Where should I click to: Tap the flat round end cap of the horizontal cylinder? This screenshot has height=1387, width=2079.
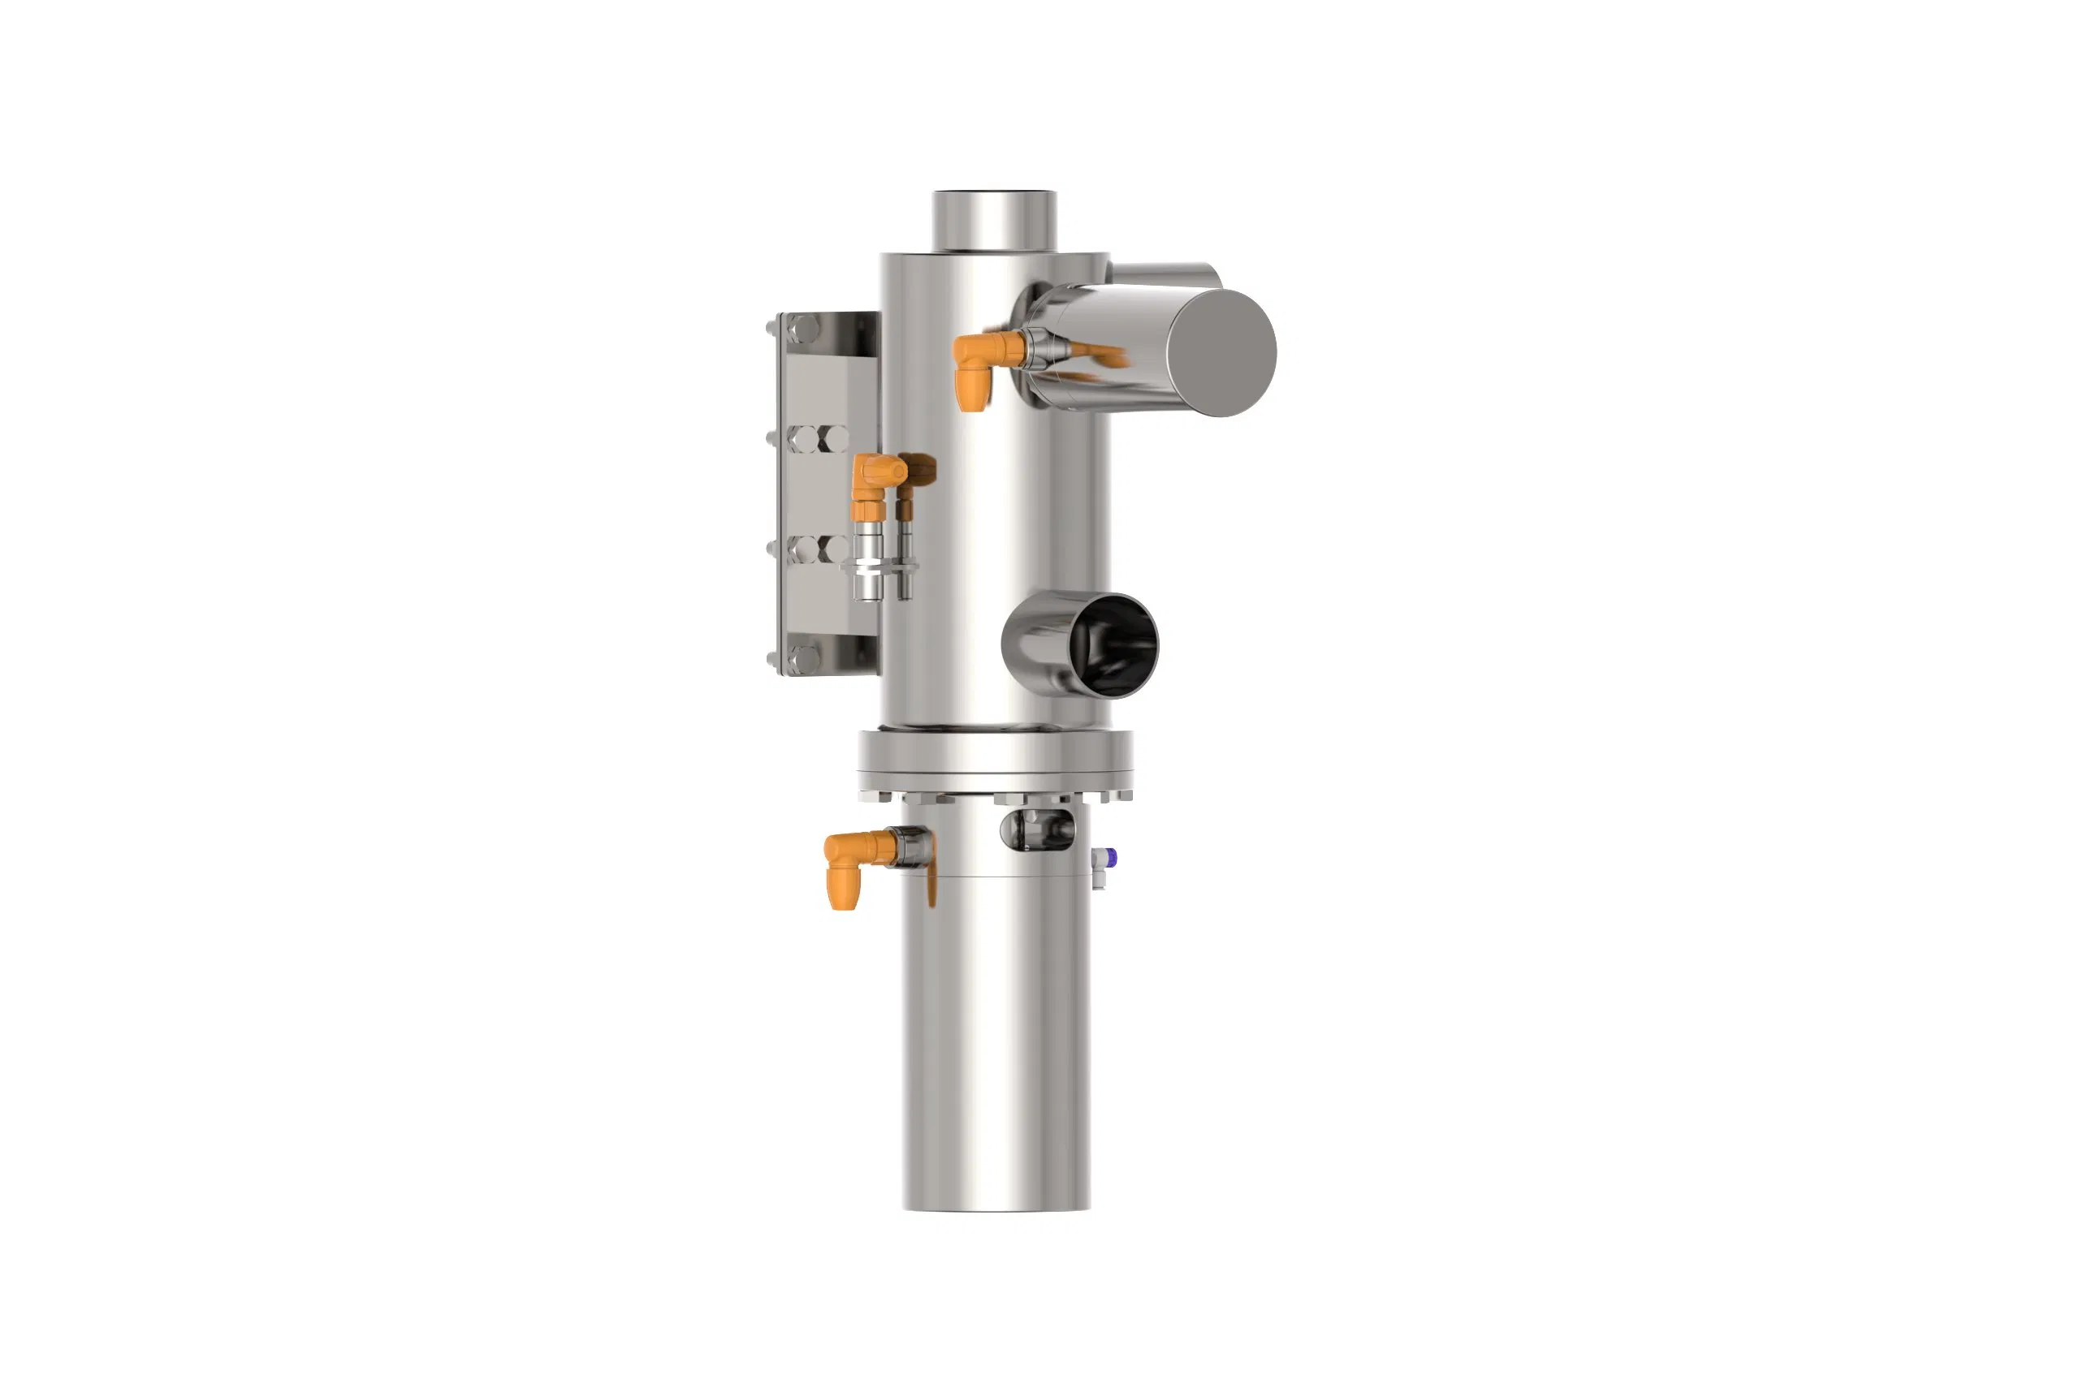[1221, 352]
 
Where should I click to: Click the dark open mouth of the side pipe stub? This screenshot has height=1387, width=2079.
[1117, 644]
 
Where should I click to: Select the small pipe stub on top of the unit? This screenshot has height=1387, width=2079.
[994, 220]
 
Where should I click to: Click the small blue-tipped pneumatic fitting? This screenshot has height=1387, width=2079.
[1107, 857]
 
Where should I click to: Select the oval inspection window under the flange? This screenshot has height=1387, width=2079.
[1037, 829]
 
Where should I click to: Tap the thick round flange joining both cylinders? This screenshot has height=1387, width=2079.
[995, 759]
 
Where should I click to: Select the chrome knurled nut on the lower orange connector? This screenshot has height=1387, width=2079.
[912, 846]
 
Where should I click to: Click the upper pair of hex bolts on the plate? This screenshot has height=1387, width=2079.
[818, 439]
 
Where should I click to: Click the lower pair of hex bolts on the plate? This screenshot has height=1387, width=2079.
[818, 549]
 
